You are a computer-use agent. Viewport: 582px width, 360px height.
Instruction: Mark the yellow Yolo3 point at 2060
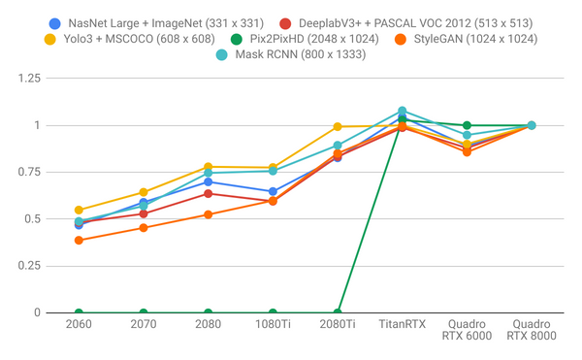79,210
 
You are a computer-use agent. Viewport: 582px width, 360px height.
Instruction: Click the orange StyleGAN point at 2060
79,240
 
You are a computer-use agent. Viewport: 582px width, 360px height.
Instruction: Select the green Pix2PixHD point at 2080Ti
337,312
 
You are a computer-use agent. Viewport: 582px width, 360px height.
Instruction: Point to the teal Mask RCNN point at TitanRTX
402,112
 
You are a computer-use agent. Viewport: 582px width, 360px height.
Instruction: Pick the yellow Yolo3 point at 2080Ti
337,126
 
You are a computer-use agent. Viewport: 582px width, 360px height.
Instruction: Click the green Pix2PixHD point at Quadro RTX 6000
467,125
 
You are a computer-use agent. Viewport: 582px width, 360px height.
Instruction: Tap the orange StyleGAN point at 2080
208,214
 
